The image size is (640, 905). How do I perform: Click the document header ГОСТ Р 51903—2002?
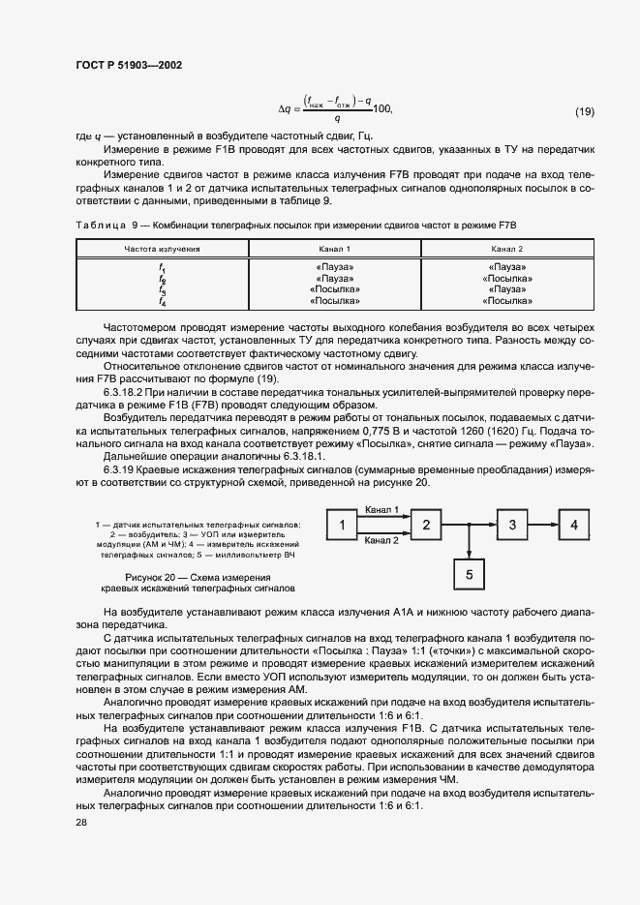click(x=128, y=65)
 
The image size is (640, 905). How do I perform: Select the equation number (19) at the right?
click(x=585, y=112)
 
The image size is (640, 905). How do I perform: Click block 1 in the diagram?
click(x=342, y=526)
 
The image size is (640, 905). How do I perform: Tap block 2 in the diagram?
click(x=426, y=526)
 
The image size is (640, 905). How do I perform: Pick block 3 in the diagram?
click(x=513, y=526)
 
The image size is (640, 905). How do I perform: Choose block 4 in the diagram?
click(x=574, y=526)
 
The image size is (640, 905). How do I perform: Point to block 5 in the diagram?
click(x=470, y=574)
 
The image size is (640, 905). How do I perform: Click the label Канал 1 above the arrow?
click(x=382, y=510)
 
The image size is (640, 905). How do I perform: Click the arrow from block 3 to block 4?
click(x=543, y=526)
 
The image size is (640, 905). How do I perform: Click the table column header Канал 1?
click(x=334, y=249)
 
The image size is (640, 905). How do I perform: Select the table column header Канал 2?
click(x=508, y=249)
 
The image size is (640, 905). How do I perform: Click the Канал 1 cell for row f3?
click(x=334, y=289)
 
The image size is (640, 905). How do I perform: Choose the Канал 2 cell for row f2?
click(x=508, y=278)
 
